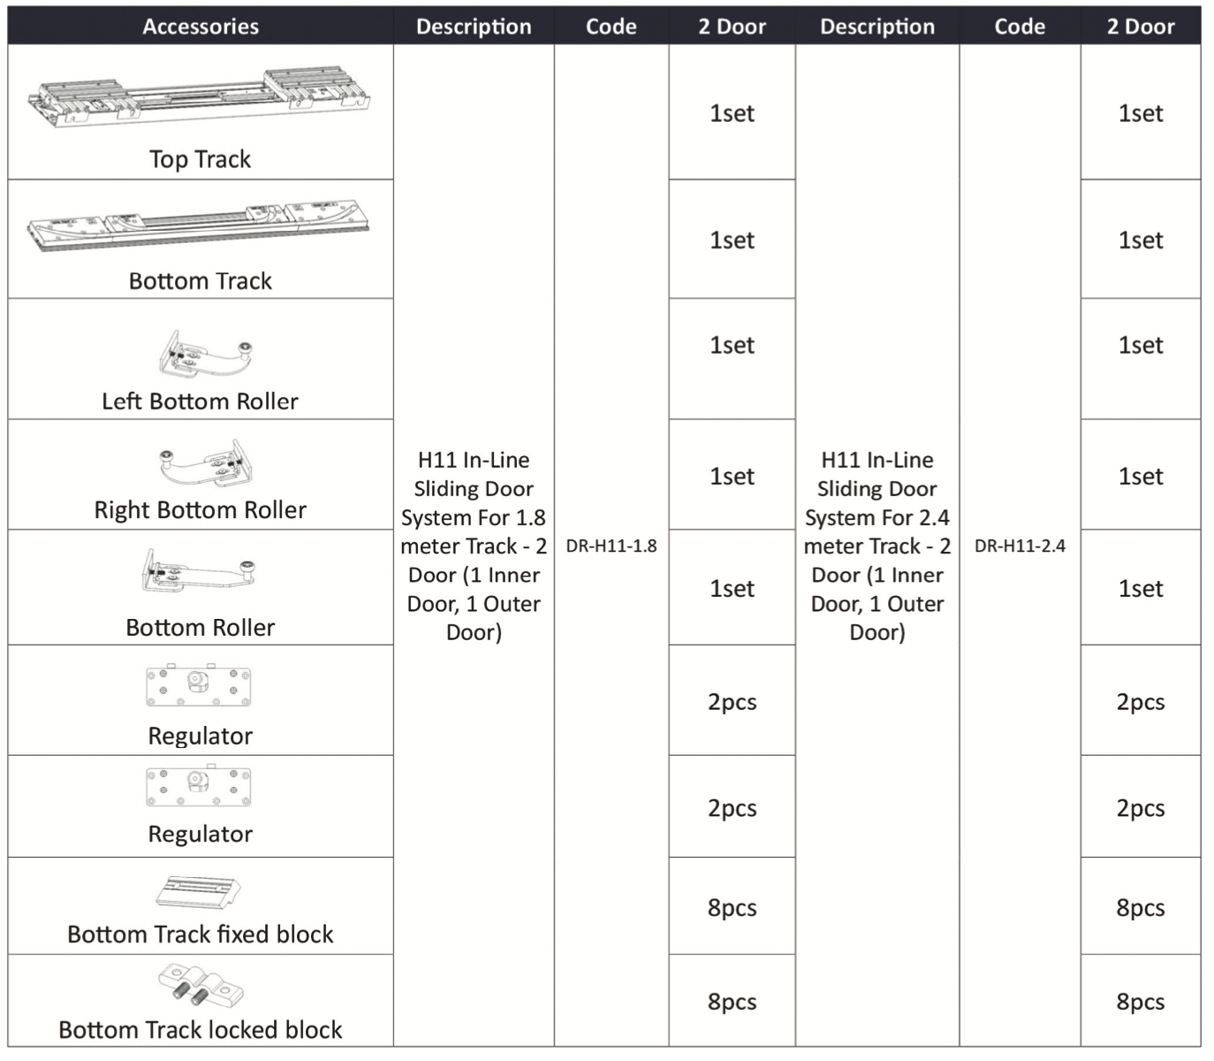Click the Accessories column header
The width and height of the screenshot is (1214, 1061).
tap(201, 27)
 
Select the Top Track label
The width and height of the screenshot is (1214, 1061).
tap(200, 159)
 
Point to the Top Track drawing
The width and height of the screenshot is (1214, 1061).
tap(201, 98)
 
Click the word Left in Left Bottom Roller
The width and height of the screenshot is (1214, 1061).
tap(121, 401)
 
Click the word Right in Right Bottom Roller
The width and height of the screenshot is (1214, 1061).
tap(122, 510)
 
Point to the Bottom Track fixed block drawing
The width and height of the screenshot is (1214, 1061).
tap(199, 892)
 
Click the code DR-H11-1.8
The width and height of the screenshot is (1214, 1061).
tap(611, 546)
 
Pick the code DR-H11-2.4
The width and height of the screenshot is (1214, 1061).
tap(1020, 546)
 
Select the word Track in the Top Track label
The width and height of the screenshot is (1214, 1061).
tap(224, 159)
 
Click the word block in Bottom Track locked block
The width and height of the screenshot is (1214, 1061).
tap(313, 1030)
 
